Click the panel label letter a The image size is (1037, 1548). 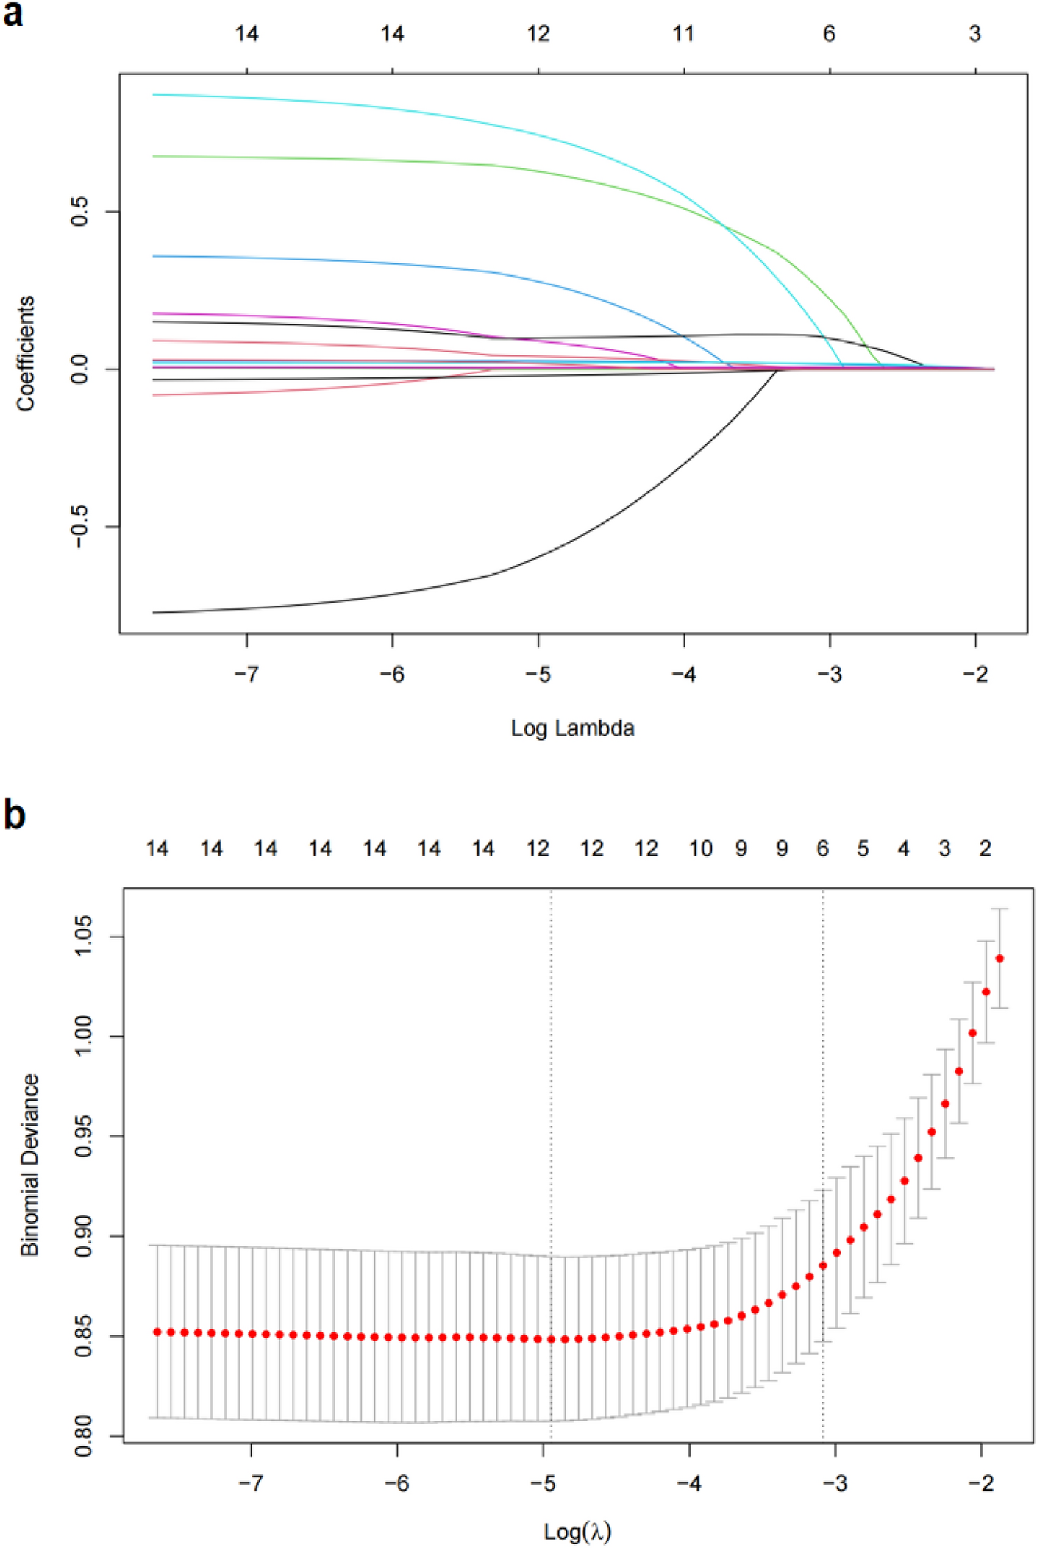point(13,14)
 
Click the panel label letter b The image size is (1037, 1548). point(14,815)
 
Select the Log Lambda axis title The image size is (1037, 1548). point(572,728)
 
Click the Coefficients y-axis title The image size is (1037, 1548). point(26,353)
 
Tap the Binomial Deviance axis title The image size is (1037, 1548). point(29,1164)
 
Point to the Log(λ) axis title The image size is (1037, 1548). point(577,1531)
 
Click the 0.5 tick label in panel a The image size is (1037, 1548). point(79,211)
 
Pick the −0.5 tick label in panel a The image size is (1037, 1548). point(79,527)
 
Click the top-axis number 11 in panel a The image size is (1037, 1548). point(683,34)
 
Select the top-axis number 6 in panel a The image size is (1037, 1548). point(829,34)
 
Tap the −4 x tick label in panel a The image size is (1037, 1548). point(683,674)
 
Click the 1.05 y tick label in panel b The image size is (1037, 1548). point(84,937)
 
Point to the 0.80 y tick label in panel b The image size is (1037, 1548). point(84,1435)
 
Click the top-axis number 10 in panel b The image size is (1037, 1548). point(700,849)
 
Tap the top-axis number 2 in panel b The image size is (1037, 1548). point(986,849)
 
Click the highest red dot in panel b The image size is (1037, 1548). point(999,959)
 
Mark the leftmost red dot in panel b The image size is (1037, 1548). point(157,1332)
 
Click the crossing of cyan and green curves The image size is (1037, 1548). point(724,225)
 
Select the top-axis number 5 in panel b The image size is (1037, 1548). point(863,849)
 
